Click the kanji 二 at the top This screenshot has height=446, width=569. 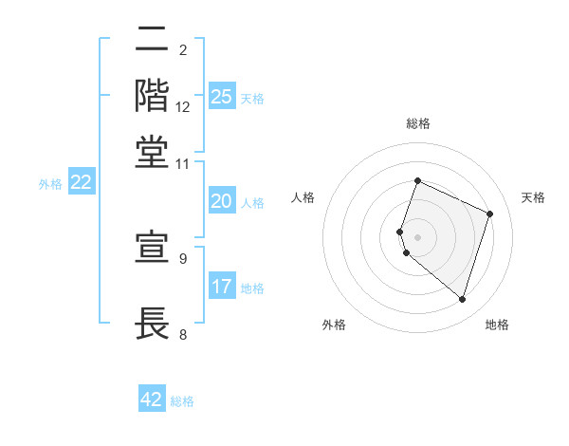coord(152,41)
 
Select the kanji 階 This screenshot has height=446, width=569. coord(152,96)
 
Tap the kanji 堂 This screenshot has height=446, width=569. coord(152,151)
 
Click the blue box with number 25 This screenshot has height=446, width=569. coord(222,96)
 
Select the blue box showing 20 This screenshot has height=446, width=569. coord(222,201)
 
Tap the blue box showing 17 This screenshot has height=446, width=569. coord(222,287)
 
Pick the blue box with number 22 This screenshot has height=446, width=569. coord(81,183)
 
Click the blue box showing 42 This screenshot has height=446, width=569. coord(152,400)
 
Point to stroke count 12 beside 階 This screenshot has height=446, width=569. coord(183,107)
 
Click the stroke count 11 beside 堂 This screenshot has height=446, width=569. coord(183,163)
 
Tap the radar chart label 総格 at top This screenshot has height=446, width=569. coord(418,124)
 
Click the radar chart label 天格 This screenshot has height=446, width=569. coord(533,197)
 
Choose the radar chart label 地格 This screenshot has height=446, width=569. coord(497,325)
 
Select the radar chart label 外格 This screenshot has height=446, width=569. coord(334,325)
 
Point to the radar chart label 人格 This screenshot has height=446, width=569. coord(303,197)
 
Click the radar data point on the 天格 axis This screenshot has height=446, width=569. coord(490,214)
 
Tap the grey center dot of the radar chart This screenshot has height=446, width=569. coord(418,236)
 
